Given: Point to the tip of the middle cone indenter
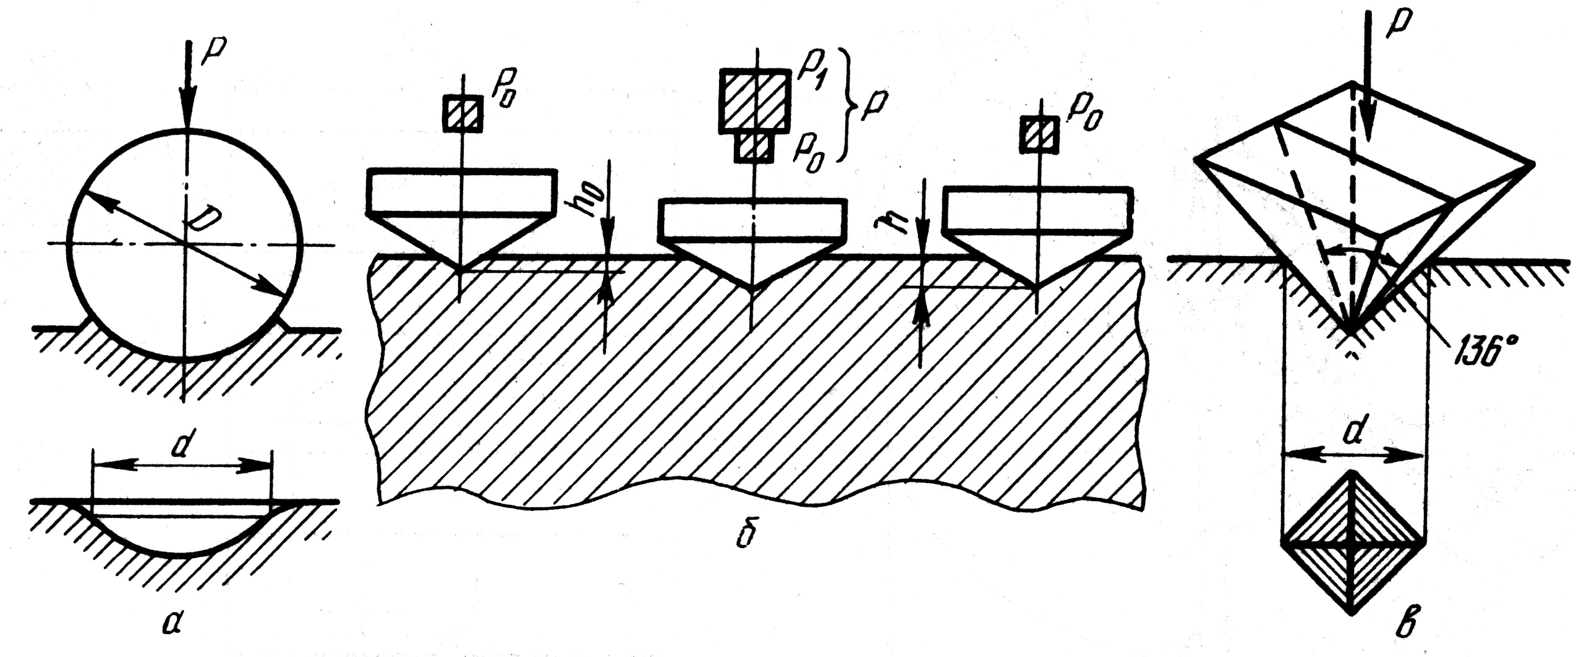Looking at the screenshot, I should pyautogui.click(x=751, y=290).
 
